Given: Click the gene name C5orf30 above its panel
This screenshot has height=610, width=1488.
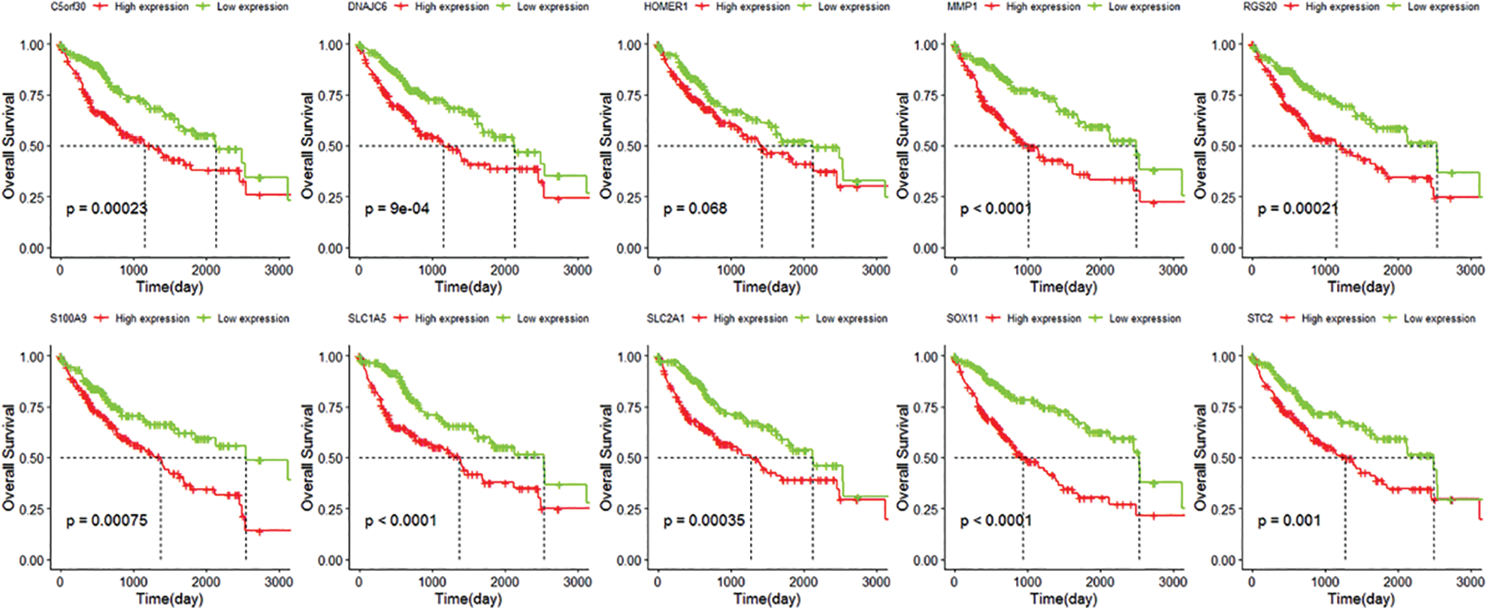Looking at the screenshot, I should click(x=68, y=7).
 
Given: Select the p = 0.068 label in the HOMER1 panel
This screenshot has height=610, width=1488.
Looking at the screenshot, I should click(x=695, y=208).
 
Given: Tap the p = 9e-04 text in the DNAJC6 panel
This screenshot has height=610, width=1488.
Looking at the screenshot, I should click(x=398, y=208).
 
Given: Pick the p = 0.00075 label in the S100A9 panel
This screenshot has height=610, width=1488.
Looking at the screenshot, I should click(x=107, y=520).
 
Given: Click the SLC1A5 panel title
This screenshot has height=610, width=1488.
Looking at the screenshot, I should click(x=367, y=319).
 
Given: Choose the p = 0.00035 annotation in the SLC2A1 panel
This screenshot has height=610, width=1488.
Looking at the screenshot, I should click(x=704, y=520).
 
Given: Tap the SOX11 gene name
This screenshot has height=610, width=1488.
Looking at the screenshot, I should click(x=962, y=319).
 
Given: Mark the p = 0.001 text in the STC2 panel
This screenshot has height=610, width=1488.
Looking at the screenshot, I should click(x=1289, y=520).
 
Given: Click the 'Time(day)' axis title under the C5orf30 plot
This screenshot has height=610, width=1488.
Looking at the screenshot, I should click(x=169, y=287).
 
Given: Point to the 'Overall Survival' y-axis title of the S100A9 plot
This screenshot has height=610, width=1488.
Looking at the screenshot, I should click(x=9, y=457).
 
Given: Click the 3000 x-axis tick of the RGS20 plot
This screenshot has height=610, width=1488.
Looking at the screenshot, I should click(x=1470, y=270).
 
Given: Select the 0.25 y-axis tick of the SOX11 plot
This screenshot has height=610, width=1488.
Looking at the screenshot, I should click(x=927, y=509).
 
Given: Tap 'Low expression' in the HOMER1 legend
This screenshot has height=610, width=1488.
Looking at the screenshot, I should click(x=854, y=7).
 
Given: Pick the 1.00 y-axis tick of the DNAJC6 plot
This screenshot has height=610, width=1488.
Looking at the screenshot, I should click(x=331, y=45).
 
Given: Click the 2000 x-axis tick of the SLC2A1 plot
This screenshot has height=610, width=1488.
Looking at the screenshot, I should click(x=803, y=582).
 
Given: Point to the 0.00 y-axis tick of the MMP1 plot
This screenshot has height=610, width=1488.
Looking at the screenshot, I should click(x=927, y=249).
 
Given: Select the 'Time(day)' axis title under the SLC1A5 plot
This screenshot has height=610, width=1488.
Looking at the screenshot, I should click(x=468, y=599).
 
